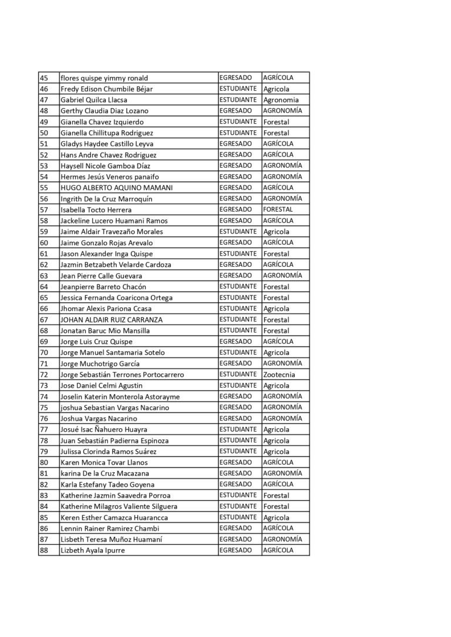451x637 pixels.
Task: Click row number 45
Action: tap(44, 78)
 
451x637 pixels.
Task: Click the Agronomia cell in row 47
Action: tap(281, 100)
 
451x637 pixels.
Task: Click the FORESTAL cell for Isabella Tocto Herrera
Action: tap(278, 209)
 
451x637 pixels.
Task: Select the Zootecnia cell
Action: tap(280, 375)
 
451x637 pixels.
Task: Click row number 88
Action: tap(44, 551)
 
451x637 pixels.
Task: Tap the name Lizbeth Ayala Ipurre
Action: tap(93, 551)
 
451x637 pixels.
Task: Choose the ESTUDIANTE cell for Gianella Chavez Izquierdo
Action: tap(238, 122)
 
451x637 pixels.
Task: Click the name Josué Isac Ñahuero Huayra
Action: tap(104, 430)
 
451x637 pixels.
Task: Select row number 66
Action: tap(44, 309)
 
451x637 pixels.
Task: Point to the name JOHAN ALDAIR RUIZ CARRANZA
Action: tap(112, 320)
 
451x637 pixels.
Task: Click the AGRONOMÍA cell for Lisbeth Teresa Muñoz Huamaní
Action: tap(282, 540)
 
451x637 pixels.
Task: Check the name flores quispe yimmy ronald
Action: tap(105, 78)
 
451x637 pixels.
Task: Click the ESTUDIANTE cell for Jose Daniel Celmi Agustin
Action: tap(238, 386)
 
